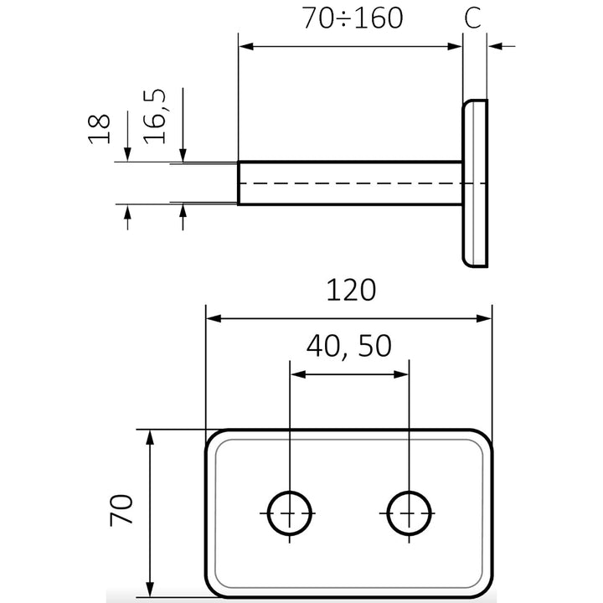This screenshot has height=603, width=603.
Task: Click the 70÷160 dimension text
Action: click(354, 18)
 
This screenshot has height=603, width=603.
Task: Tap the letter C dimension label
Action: click(473, 18)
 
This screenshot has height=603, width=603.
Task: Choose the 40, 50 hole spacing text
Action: click(348, 345)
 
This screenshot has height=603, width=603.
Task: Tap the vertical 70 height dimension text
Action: click(121, 510)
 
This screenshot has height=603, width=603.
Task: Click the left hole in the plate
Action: click(289, 512)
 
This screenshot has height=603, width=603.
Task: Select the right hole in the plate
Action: click(410, 512)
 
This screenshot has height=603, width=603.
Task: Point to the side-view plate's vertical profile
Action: click(475, 183)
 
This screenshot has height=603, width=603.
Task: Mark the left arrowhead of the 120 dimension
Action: click(213, 318)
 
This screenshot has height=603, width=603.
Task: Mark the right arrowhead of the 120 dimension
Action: click(484, 318)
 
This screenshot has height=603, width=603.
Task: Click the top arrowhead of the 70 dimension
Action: click(151, 436)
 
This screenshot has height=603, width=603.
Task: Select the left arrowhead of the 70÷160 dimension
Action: click(245, 47)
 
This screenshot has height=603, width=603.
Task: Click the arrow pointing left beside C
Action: click(495, 47)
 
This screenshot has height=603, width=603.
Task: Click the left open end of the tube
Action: click(240, 183)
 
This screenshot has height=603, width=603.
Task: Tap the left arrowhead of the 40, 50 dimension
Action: click(296, 374)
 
